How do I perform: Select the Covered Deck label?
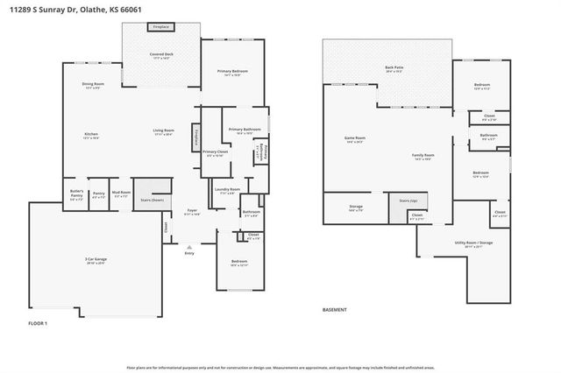160,54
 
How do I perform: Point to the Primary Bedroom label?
232,72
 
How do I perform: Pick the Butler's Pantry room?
75,195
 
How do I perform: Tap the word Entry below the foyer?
189,253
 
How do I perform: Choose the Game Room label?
354,138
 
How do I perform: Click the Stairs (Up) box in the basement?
403,201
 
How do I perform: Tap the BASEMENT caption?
335,310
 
